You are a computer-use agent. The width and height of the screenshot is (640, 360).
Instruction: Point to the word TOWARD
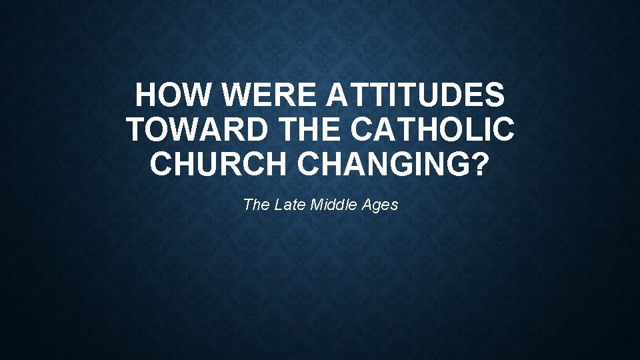click(x=191, y=129)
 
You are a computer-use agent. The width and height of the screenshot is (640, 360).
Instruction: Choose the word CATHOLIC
click(x=431, y=129)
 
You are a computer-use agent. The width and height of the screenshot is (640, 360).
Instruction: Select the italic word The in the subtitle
click(x=256, y=205)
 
